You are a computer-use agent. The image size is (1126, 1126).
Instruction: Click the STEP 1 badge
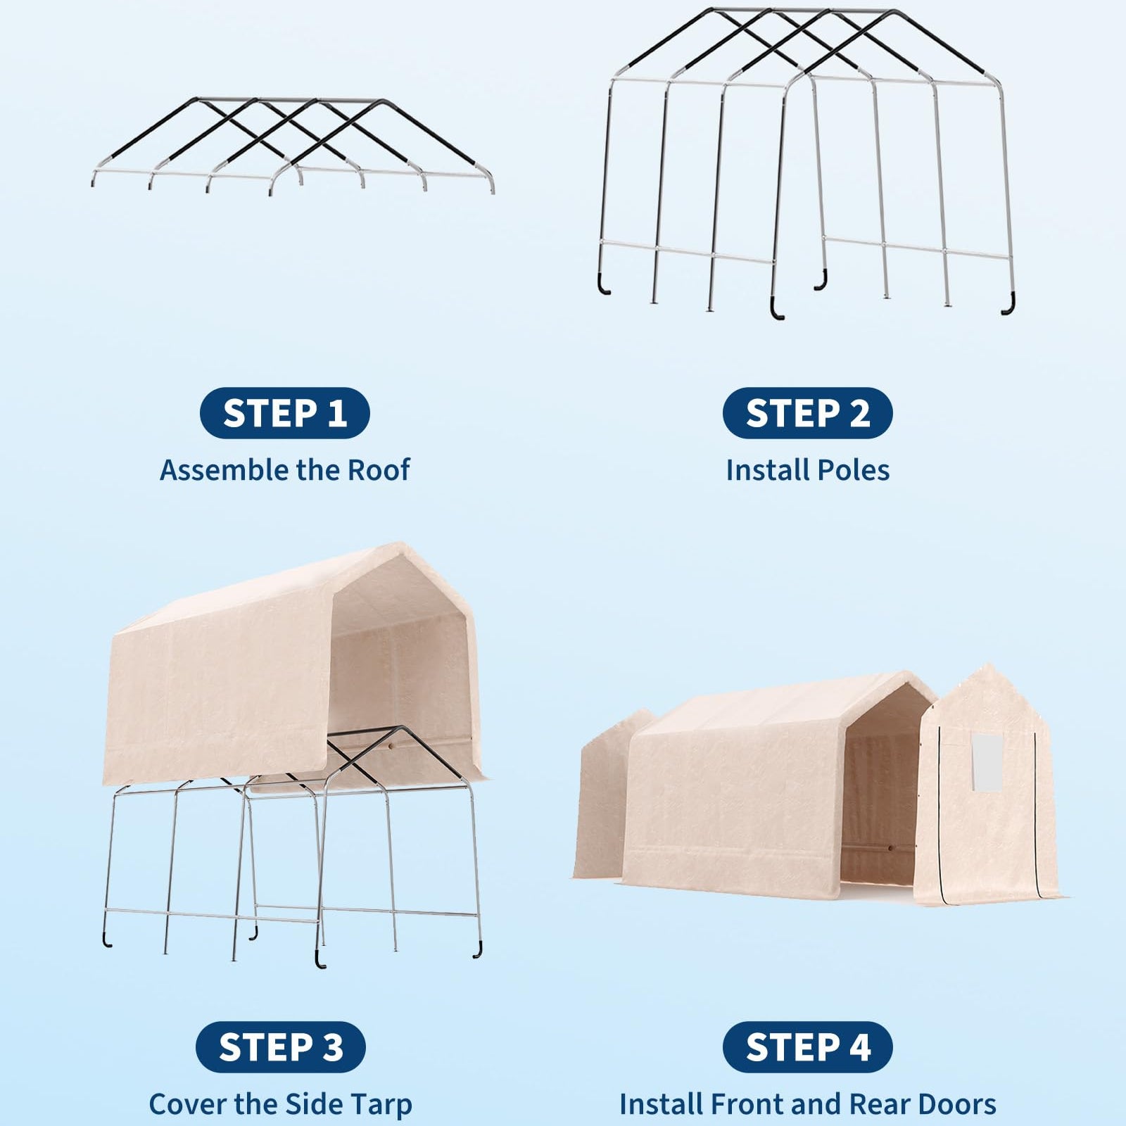pos(285,413)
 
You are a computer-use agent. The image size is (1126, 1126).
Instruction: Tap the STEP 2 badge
pos(807,413)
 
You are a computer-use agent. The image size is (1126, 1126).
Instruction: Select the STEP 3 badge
pos(281,1047)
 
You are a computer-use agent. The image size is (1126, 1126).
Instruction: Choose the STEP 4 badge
pos(807,1047)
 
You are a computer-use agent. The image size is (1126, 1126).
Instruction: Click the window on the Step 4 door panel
pos(987,761)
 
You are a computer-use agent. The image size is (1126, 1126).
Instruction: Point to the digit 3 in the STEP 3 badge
pos(332,1047)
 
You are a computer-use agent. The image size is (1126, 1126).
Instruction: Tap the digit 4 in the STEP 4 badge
pos(859,1047)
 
